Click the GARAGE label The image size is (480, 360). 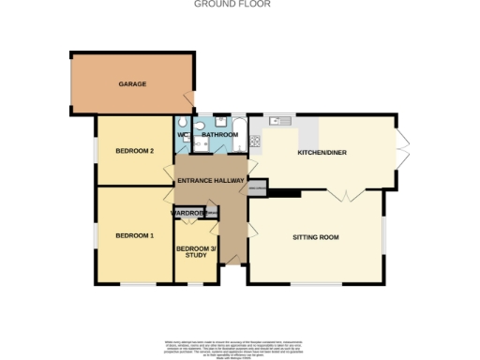pos(132,84)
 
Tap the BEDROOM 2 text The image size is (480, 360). pos(134,150)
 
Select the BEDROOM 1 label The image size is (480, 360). pos(134,235)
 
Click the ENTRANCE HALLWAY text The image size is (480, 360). pos(211,180)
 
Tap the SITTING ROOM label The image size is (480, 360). pos(315,237)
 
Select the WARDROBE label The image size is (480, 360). pos(188,214)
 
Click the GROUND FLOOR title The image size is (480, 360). pos(219,5)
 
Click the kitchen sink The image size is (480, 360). pos(280,122)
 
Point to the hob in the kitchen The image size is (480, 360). pos(254,141)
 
